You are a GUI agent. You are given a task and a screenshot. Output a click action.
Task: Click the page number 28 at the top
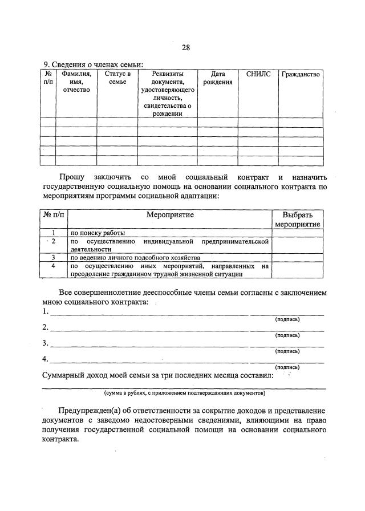[x=186, y=48]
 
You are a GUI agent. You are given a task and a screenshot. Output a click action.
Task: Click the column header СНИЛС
[x=258, y=74]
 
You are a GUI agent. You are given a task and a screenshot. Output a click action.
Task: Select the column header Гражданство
[x=301, y=74]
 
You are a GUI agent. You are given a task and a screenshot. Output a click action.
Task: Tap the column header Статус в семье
[x=117, y=78]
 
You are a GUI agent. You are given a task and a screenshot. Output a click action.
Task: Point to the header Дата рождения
[x=218, y=78]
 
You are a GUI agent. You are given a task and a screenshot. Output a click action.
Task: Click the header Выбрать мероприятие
[x=297, y=220]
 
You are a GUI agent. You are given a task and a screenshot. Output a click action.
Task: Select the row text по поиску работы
[x=98, y=233]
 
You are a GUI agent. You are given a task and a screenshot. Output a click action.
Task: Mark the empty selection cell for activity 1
[x=297, y=233]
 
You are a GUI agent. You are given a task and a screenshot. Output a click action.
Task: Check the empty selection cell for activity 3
[x=297, y=257]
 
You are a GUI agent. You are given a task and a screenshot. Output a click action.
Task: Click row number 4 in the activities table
[x=53, y=266]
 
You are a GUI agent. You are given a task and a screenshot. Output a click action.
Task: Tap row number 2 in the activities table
[x=53, y=241]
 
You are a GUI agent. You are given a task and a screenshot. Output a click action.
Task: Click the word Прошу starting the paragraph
[x=73, y=177]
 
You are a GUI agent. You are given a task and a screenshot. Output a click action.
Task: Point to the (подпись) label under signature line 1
[x=287, y=319]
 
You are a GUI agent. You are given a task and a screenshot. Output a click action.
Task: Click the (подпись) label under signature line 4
[x=287, y=367]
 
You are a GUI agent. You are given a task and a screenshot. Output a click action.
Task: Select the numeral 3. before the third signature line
[x=46, y=343]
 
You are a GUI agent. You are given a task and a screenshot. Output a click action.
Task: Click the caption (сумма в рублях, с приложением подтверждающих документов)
[x=184, y=393]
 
